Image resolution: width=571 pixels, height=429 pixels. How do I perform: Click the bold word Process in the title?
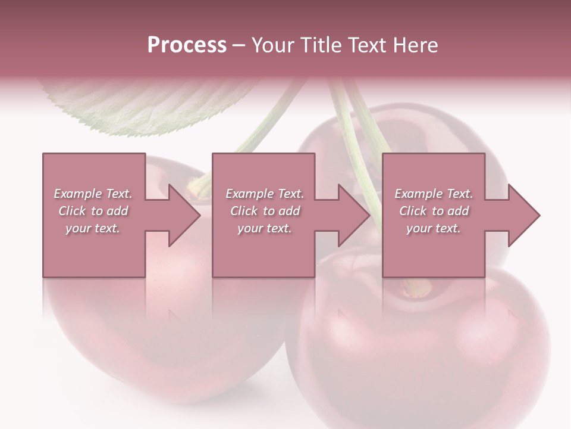pos(187,45)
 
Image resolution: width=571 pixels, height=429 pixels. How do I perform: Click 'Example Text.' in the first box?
pos(93,194)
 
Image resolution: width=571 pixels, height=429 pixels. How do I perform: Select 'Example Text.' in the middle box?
pos(264,194)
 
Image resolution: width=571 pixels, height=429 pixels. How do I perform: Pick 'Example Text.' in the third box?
pos(434,194)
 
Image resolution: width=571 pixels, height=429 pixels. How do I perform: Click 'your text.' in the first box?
pos(93,228)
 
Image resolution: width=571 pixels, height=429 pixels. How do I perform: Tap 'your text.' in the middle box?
pos(264,228)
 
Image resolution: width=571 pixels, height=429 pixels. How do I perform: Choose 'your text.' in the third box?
pos(434,228)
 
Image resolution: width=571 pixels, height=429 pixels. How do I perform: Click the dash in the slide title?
pos(239,45)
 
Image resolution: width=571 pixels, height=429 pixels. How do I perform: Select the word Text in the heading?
pos(365,45)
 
